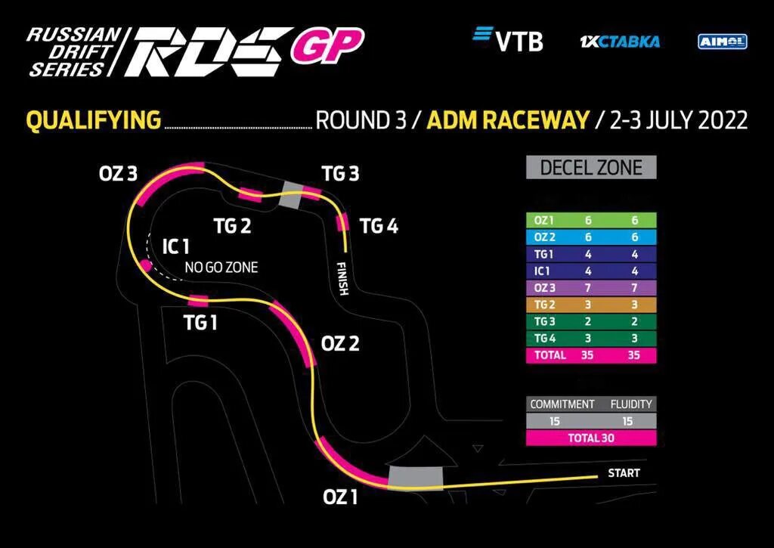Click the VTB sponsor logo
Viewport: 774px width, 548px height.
point(507,39)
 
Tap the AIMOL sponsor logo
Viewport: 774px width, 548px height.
point(722,41)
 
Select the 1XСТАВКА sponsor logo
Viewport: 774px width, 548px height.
point(619,41)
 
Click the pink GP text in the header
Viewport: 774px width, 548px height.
point(327,46)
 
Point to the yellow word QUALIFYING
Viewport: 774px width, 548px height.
point(94,120)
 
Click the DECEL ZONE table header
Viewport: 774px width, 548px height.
point(591,167)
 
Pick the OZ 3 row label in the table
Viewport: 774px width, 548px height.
point(544,287)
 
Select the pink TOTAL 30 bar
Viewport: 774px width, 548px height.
point(591,437)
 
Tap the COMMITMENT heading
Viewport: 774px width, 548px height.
point(562,404)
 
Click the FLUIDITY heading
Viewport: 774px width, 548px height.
point(631,404)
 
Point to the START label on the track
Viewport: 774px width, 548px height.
point(624,473)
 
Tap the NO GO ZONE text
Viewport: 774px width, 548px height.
point(221,267)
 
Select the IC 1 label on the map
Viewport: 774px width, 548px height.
point(175,246)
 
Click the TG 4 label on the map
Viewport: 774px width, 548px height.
point(379,225)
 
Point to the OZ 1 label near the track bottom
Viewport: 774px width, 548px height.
point(340,497)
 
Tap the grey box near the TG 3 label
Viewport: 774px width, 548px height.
point(291,195)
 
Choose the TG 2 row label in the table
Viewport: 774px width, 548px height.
point(544,304)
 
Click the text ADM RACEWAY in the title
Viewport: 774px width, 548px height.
point(507,120)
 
